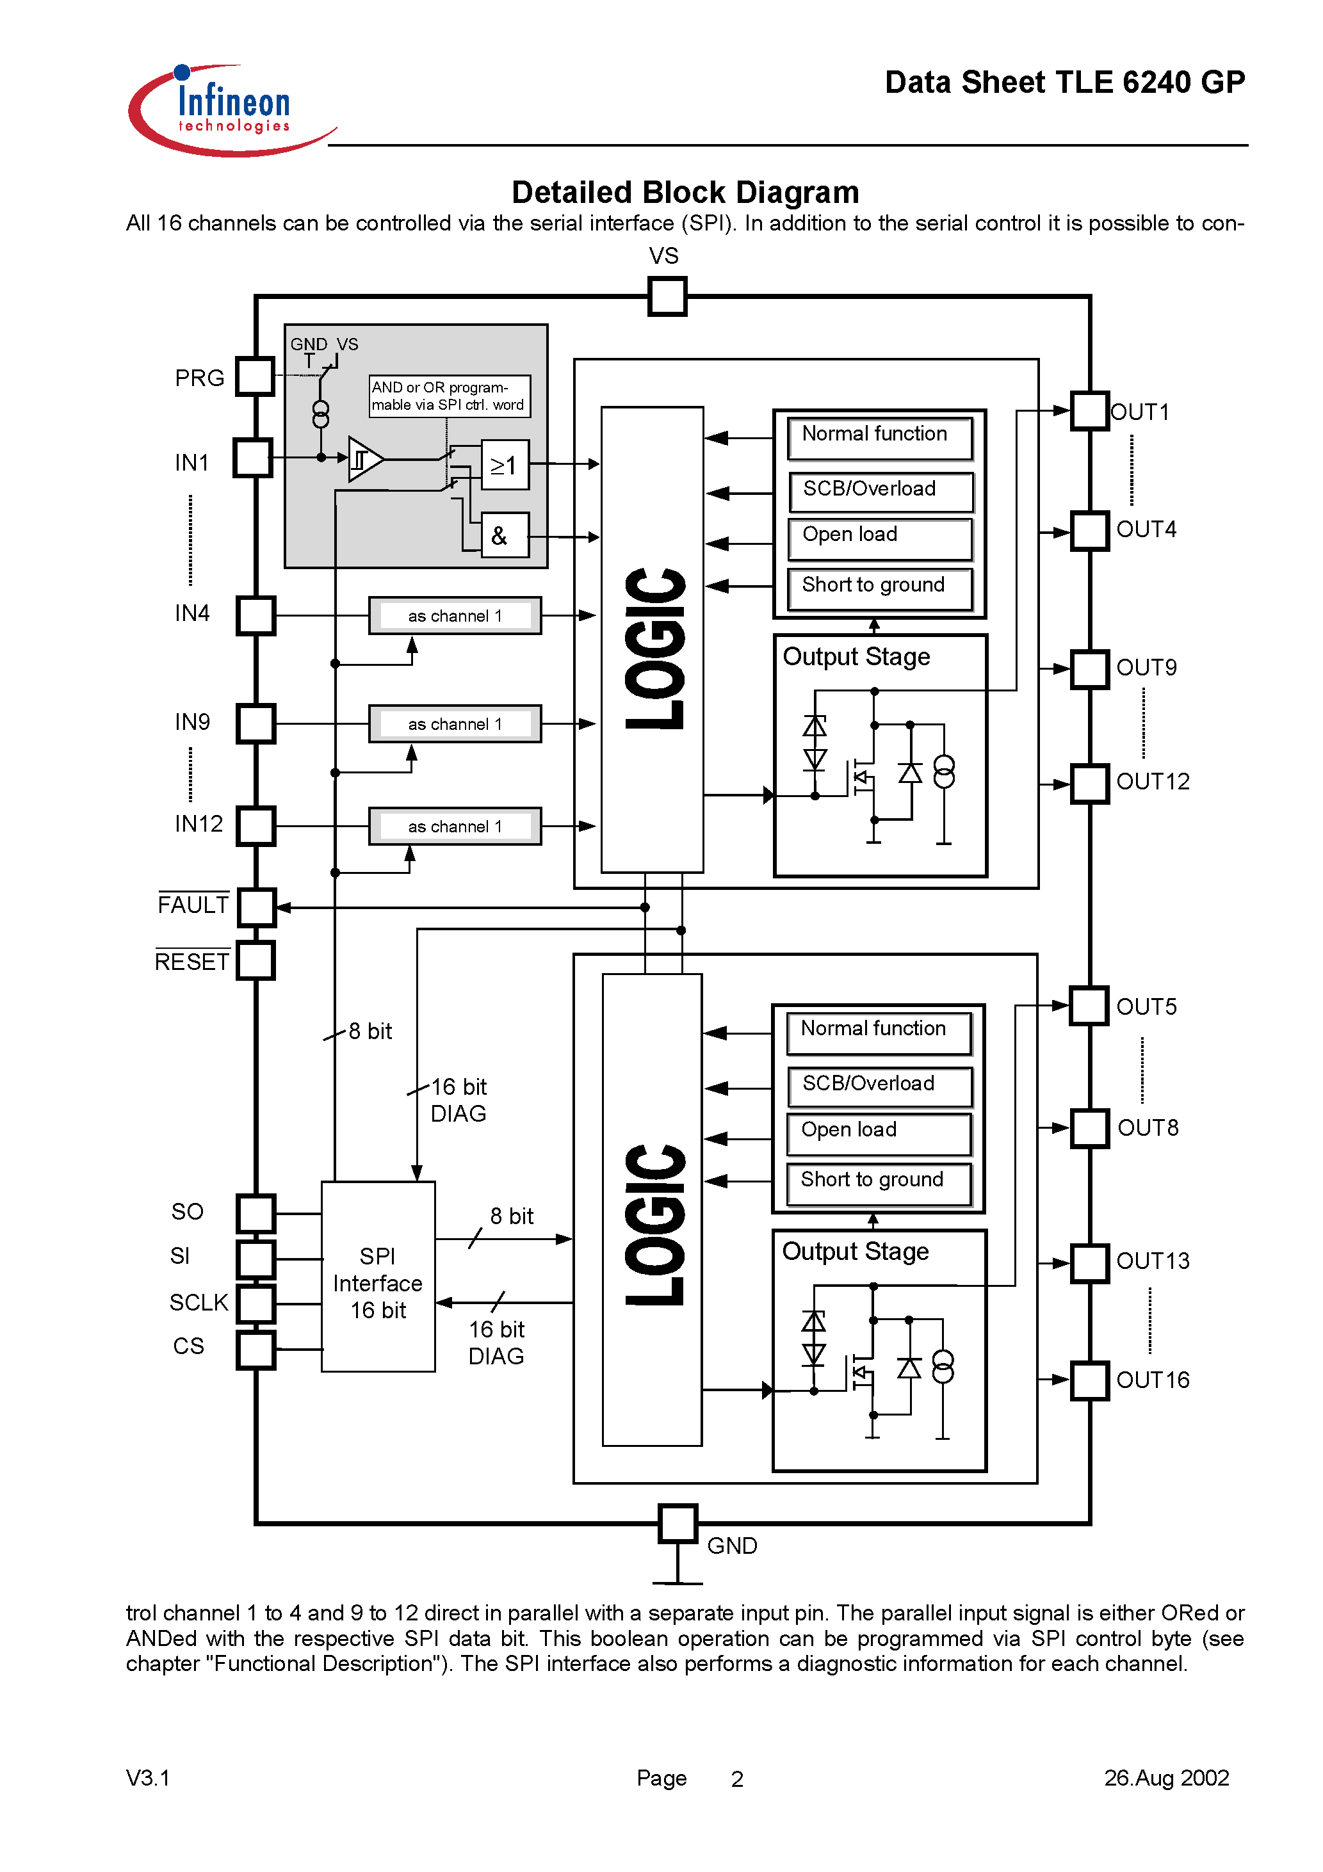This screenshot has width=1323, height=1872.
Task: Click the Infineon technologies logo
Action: pyautogui.click(x=232, y=110)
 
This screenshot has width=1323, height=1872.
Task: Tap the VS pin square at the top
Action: pyautogui.click(x=667, y=296)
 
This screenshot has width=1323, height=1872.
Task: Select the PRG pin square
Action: pyautogui.click(x=256, y=376)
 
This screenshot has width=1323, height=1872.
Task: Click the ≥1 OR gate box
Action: pyautogui.click(x=505, y=465)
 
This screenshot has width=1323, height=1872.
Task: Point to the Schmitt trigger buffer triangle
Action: pyautogui.click(x=364, y=459)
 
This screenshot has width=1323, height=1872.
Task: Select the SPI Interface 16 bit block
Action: pyautogui.click(x=378, y=1277)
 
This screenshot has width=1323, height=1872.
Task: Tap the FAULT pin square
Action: pyautogui.click(x=257, y=907)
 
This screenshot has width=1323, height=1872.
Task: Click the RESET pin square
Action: pyautogui.click(x=256, y=960)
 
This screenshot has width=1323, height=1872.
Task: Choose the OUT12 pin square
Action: pyautogui.click(x=1090, y=784)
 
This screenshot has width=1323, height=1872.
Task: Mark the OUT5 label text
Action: pyautogui.click(x=1146, y=1007)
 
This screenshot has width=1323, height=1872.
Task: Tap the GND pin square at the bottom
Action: pyautogui.click(x=678, y=1523)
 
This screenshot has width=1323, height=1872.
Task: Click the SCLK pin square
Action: pyautogui.click(x=256, y=1303)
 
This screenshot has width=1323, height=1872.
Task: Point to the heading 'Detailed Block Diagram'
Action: pyautogui.click(x=685, y=193)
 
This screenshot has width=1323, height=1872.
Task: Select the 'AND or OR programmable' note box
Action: pyautogui.click(x=450, y=396)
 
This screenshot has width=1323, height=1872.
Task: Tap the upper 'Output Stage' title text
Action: pyautogui.click(x=856, y=657)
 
